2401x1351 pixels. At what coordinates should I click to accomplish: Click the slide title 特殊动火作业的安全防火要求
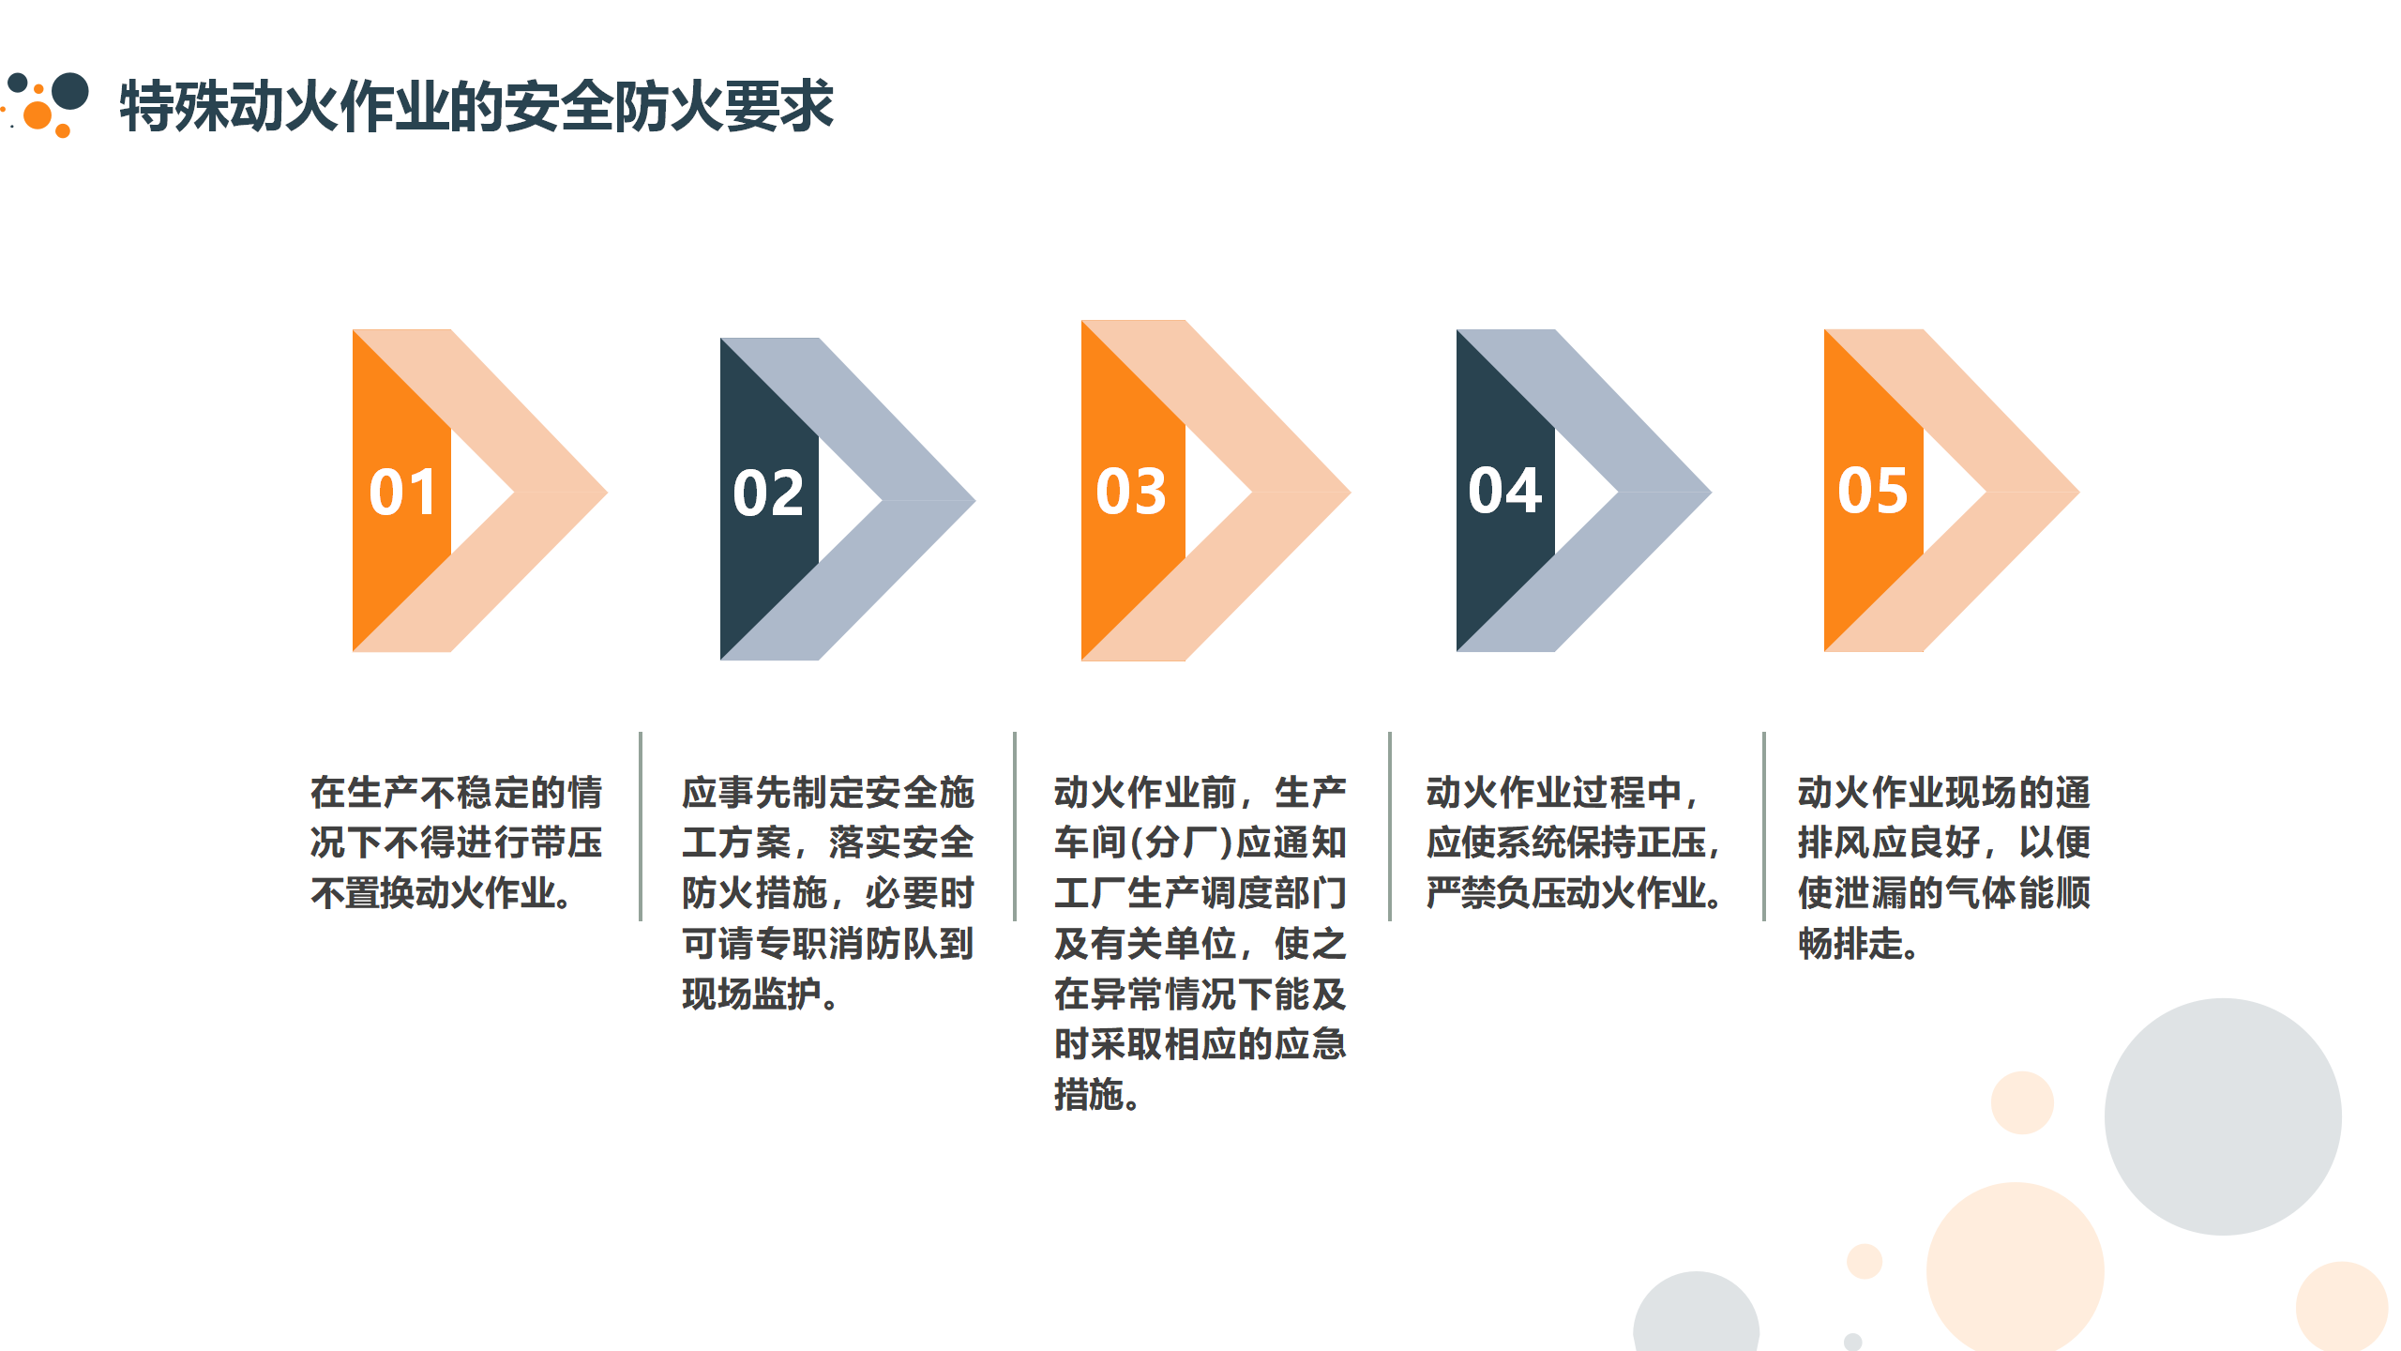(476, 105)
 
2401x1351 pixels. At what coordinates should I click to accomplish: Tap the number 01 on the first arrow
(402, 493)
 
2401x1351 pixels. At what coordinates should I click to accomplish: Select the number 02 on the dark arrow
(768, 493)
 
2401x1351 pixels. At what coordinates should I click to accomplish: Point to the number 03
(1131, 492)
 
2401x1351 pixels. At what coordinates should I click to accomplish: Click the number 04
(1504, 491)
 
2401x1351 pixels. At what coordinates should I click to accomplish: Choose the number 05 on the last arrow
(1872, 491)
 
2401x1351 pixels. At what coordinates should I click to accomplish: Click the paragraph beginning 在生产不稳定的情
(456, 842)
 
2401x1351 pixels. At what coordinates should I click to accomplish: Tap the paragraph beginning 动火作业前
(1200, 943)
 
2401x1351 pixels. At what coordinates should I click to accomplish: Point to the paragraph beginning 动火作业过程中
(1574, 842)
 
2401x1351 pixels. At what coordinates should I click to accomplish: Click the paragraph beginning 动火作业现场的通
(1944, 868)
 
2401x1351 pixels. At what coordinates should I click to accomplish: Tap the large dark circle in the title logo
(70, 91)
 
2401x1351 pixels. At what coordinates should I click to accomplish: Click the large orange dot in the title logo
(38, 115)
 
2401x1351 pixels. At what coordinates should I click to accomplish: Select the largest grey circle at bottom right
(2223, 1116)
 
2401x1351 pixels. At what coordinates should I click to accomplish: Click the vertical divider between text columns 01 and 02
(641, 827)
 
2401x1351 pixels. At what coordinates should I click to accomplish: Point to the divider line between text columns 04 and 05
(1764, 827)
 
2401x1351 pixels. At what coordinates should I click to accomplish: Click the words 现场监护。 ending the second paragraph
(761, 994)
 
